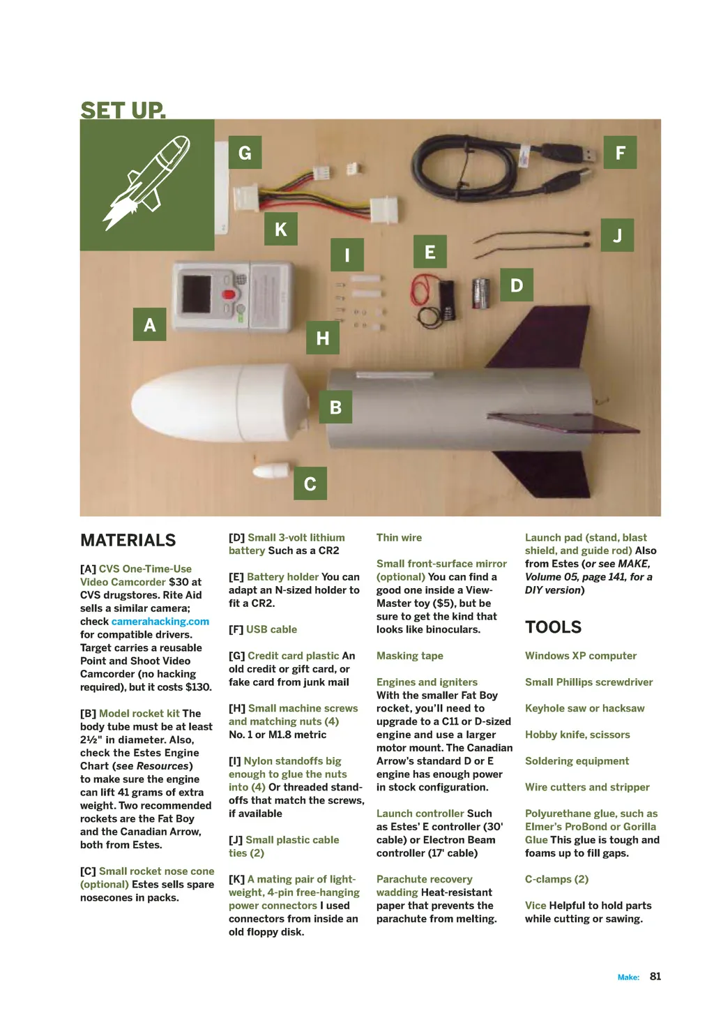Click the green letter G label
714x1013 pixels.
[x=245, y=153]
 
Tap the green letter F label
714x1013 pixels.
[x=620, y=153]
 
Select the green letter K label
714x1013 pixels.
[x=281, y=229]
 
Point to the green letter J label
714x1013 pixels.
[x=617, y=235]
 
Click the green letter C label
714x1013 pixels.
[x=310, y=483]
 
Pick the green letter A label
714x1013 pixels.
[x=149, y=324]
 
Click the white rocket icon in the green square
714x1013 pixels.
[x=147, y=183]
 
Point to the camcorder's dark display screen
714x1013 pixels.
[x=197, y=294]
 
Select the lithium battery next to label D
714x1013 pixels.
[x=482, y=292]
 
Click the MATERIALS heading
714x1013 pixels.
[x=128, y=540]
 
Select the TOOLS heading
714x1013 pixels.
[x=553, y=626]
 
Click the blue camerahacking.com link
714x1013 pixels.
[x=160, y=621]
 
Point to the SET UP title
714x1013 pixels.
[x=123, y=110]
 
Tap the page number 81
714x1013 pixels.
[x=655, y=976]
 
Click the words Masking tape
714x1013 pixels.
[x=410, y=656]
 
